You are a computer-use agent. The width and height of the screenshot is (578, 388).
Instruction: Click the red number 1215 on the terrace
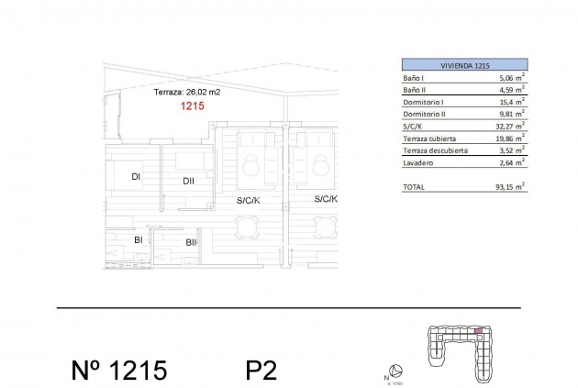192,106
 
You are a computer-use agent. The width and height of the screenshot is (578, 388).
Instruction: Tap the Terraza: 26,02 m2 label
186,93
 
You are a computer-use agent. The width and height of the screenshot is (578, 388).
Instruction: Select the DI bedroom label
135,176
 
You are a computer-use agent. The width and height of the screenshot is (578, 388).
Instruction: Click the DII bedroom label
188,181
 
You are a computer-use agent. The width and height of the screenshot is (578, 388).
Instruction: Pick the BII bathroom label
191,243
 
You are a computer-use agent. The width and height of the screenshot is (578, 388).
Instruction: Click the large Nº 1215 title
118,370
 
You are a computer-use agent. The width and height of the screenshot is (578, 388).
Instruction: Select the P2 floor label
261,370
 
